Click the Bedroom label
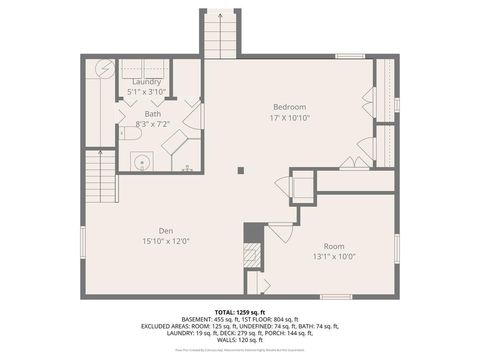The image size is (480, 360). (289, 107)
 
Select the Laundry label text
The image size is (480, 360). (146, 82)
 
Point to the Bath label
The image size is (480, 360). (152, 114)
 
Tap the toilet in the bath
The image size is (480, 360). (128, 132)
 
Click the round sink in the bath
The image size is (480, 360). (141, 160)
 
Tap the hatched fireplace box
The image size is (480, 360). (253, 254)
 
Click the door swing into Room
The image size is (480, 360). (280, 233)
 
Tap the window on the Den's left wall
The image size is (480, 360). (83, 241)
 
